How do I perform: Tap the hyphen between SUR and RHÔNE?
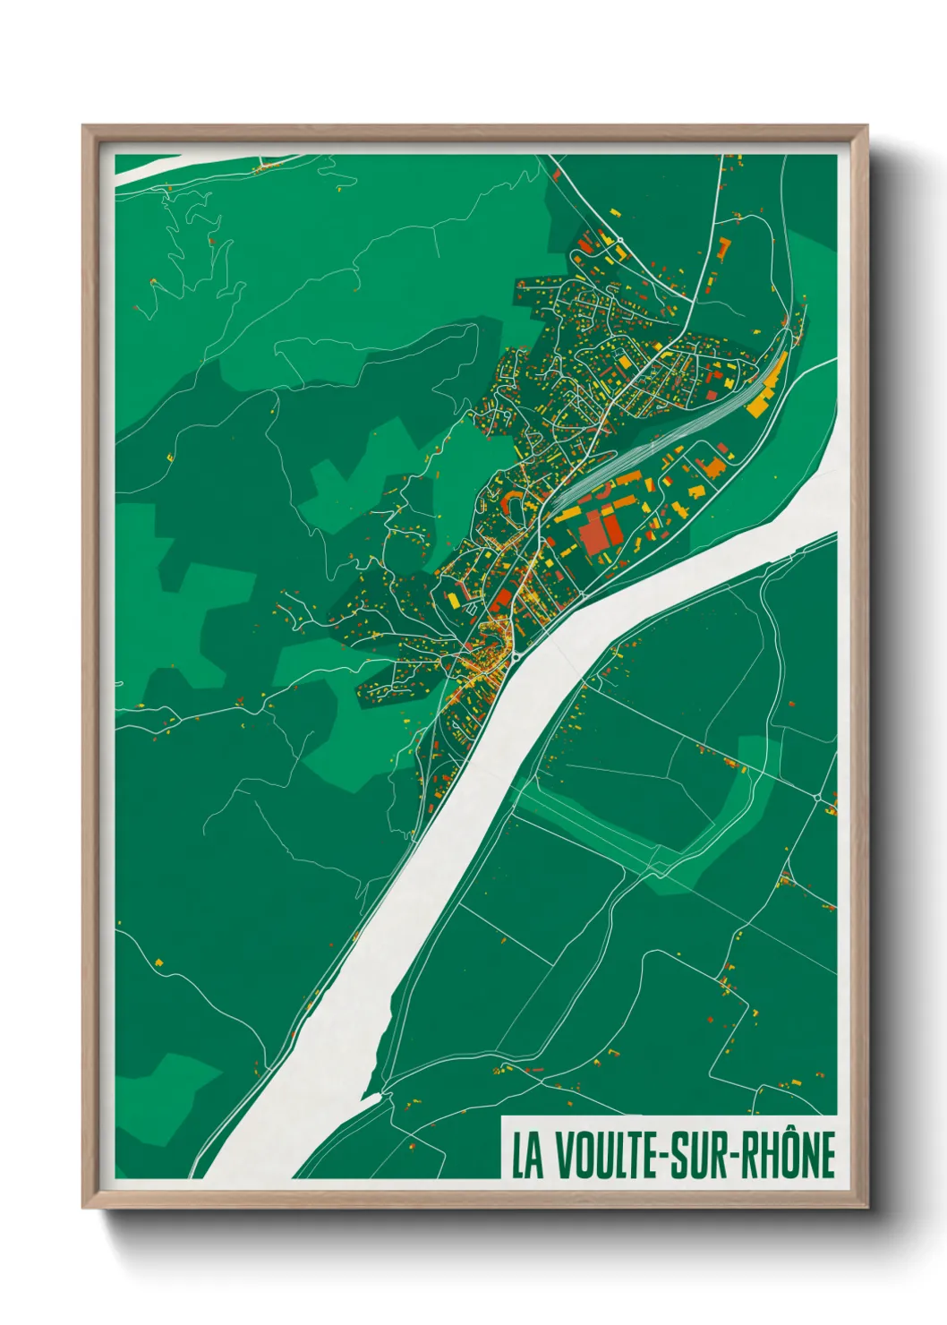pyautogui.click(x=739, y=1156)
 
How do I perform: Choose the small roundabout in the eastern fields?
pyautogui.click(x=818, y=796)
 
